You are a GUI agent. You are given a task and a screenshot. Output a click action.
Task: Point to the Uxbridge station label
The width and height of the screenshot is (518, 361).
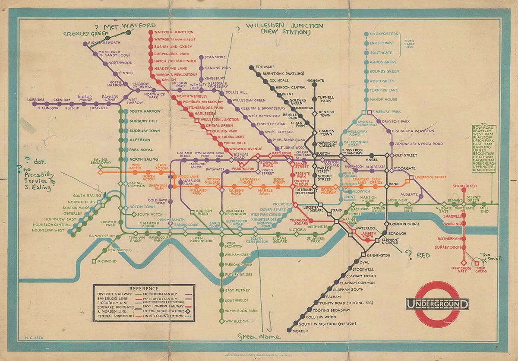click(x=36, y=100)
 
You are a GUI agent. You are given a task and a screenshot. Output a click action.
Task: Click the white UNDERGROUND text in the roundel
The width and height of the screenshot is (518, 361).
click(x=437, y=304)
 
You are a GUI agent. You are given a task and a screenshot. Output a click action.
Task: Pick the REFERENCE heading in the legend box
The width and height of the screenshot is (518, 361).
click(x=144, y=288)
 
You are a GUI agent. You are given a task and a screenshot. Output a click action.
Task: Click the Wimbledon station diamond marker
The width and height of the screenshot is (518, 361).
click(x=222, y=321)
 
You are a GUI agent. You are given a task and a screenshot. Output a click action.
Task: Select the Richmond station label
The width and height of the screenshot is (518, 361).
click(x=107, y=261)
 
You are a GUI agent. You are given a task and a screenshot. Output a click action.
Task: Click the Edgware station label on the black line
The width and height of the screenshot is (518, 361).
click(x=265, y=67)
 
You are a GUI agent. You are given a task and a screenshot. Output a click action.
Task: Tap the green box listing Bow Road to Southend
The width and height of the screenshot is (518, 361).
click(x=483, y=149)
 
